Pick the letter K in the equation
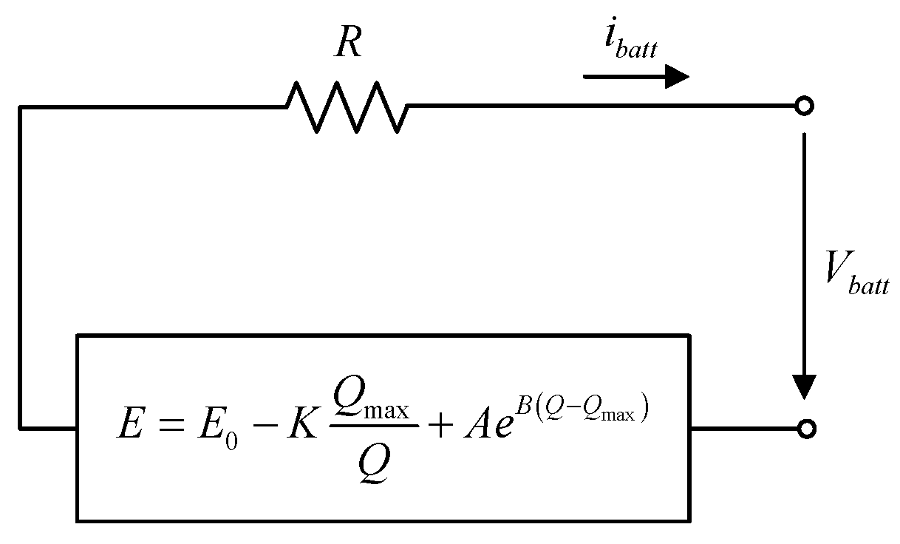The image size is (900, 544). click(x=299, y=426)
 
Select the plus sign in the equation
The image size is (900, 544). click(x=439, y=427)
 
